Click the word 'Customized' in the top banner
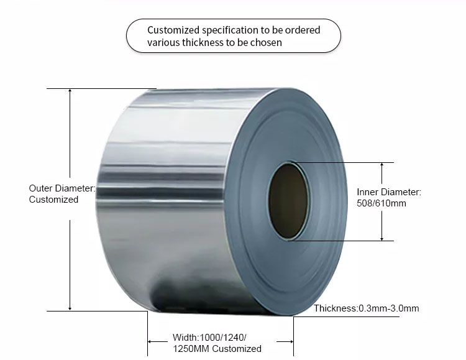click(171, 30)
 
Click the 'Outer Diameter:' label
click(62, 188)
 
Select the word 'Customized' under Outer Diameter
click(53, 200)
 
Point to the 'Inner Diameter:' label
click(389, 192)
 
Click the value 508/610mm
click(381, 203)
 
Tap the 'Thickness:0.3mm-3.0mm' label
click(366, 308)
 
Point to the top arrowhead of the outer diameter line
click(70, 91)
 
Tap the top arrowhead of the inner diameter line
click(382, 165)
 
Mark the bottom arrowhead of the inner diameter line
click(382, 238)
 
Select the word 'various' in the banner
click(162, 43)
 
